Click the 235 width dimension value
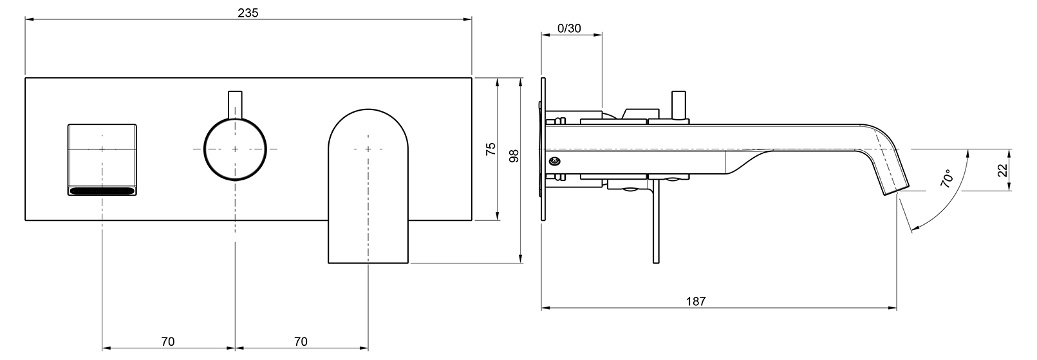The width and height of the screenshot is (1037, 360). click(248, 12)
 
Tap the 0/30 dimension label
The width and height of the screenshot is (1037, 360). click(569, 28)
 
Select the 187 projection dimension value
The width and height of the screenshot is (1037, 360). click(695, 301)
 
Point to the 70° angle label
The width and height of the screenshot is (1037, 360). click(947, 178)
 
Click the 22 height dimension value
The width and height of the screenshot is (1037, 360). click(1002, 170)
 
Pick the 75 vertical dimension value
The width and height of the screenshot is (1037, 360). click(490, 149)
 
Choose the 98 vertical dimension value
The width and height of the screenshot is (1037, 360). click(514, 156)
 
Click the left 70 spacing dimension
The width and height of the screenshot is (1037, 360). click(168, 342)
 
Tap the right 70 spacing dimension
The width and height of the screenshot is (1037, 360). click(301, 342)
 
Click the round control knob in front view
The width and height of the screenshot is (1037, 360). click(235, 149)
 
